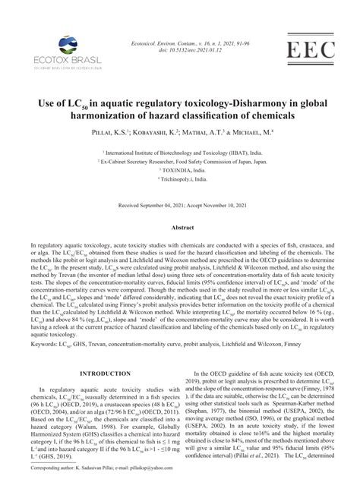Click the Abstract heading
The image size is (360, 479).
(180, 227)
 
